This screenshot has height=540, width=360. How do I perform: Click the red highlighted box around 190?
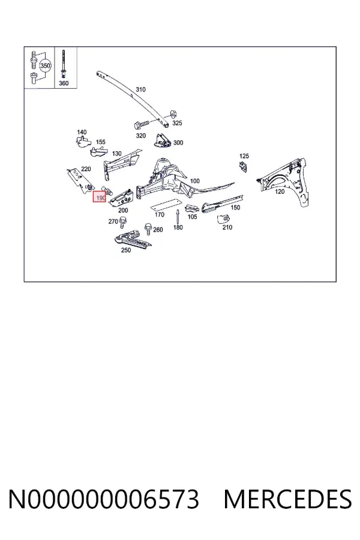99,197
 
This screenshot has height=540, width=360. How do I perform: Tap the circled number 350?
45,65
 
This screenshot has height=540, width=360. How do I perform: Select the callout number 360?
64,83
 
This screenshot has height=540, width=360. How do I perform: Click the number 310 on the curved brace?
140,89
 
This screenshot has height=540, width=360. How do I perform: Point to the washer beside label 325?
173,113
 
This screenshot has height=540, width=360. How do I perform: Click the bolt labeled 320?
141,123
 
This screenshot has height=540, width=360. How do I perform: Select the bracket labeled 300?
161,140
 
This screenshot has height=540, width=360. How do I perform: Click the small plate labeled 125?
244,166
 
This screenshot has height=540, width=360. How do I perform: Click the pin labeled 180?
177,217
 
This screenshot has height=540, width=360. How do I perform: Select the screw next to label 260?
148,228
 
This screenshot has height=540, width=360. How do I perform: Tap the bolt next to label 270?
122,222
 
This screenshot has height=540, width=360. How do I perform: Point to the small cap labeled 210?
223,218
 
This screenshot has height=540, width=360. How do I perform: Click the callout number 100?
194,181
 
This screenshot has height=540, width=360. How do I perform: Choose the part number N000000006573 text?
104,499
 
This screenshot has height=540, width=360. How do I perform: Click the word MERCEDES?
287,499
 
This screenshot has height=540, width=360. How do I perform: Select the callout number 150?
235,208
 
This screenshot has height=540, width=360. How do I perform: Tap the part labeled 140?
82,141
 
